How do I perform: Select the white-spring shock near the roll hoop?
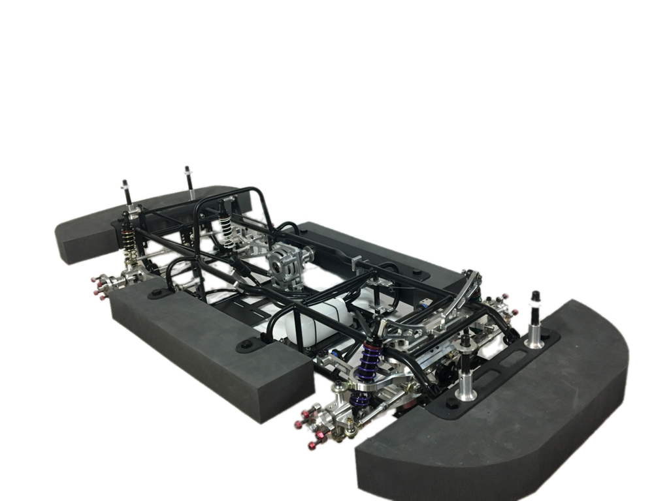tap(225, 222)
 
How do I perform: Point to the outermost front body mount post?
tap(536, 320)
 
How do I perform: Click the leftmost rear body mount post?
tap(125, 192)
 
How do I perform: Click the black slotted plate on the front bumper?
tap(497, 378)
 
